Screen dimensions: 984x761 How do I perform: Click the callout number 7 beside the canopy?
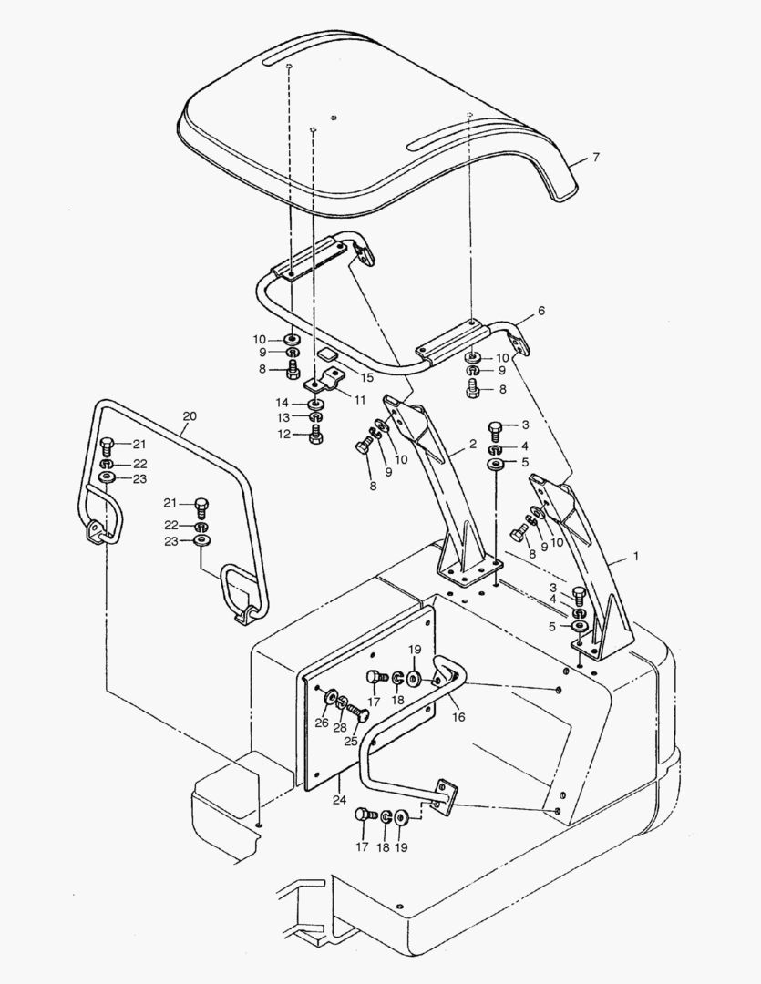pos(595,158)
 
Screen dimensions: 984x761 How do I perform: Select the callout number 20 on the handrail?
pos(189,416)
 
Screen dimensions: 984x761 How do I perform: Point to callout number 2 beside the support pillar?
pos(473,444)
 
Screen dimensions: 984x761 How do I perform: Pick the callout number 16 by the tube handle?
pos(458,717)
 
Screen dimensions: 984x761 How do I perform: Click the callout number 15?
pos(367,377)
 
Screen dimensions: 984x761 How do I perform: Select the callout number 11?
pos(360,399)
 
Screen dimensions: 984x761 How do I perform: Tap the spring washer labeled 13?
pos(315,417)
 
